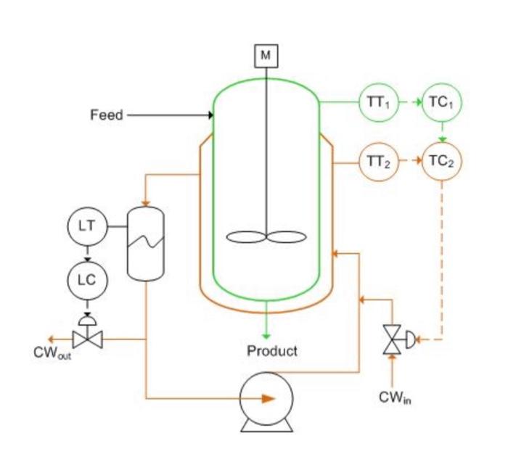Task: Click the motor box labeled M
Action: click(x=266, y=56)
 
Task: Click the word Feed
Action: click(x=107, y=115)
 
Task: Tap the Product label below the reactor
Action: click(x=272, y=352)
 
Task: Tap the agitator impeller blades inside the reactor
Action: click(x=266, y=236)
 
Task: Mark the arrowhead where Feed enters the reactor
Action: click(x=210, y=115)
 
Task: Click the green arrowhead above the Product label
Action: click(x=266, y=335)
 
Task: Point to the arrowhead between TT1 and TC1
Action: click(x=418, y=103)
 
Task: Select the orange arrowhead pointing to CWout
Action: click(x=49, y=339)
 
